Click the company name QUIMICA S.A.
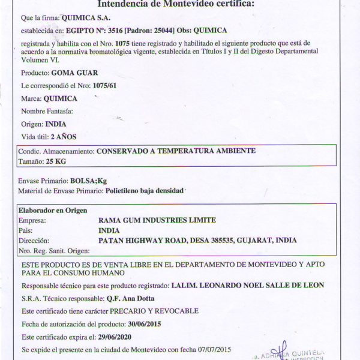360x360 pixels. coord(88,18)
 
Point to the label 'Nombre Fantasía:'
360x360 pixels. coord(47,111)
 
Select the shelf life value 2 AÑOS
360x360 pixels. coord(63,137)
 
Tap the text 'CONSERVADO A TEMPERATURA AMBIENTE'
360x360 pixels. coord(176,151)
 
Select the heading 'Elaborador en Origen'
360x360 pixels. coord(53,210)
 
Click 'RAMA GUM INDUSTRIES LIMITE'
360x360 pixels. coord(157,220)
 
